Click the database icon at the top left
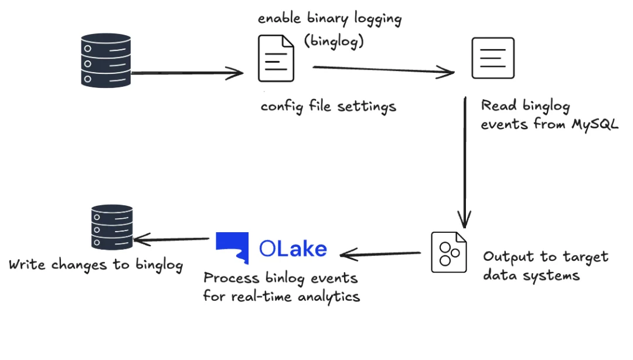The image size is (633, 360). [105, 60]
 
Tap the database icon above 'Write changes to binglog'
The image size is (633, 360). [112, 227]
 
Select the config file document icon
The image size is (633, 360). [276, 58]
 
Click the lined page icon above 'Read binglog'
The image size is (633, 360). [493, 58]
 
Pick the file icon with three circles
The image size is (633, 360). [449, 252]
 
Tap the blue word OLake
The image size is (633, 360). [293, 249]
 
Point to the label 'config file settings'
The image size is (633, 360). [328, 107]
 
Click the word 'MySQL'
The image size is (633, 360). [595, 124]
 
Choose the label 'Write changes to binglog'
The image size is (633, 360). [96, 265]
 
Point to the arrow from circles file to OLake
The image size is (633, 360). [380, 254]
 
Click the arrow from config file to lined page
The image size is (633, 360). [383, 70]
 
